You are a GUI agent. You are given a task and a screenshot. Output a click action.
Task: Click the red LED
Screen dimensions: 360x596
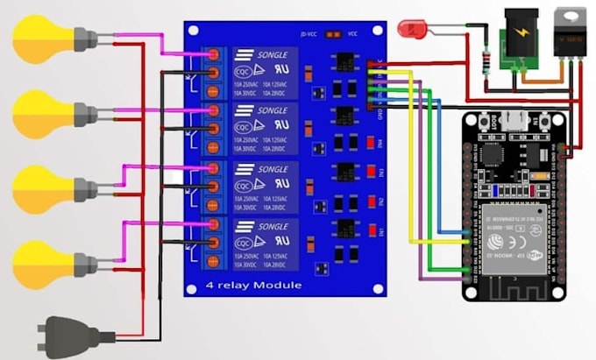point(409,28)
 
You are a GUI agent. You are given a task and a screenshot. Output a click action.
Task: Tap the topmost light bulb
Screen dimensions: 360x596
point(39,39)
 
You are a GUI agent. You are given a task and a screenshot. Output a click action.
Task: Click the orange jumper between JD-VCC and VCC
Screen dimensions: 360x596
point(332,35)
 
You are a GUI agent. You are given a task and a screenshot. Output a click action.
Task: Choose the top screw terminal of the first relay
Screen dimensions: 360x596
point(211,55)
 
